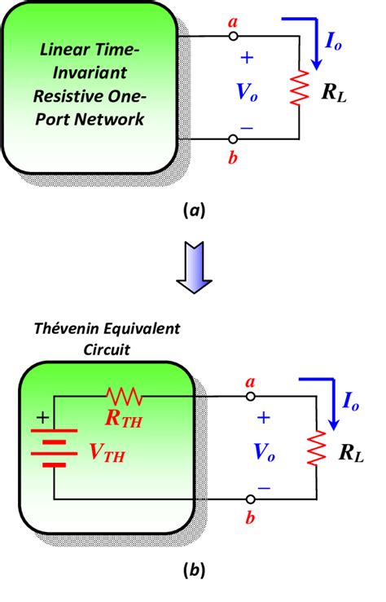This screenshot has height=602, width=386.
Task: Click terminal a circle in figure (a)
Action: coord(233,37)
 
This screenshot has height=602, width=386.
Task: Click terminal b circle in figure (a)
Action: coord(233,138)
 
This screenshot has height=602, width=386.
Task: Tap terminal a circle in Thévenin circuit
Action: coord(250,397)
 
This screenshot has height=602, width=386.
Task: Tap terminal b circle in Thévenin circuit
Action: coord(250,499)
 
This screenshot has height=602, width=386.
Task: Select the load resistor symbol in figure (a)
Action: coord(300,88)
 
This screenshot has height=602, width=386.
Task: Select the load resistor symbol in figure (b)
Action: coord(317,448)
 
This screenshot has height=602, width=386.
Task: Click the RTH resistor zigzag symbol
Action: coord(125,397)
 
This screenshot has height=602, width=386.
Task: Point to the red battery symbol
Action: coord(54,448)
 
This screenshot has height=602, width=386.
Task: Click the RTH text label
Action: coord(124,419)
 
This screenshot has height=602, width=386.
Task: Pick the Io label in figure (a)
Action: coord(333,42)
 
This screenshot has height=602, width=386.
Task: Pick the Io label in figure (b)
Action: coord(350,402)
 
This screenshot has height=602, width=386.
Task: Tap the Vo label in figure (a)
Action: coord(247,92)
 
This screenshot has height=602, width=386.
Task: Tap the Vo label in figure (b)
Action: coord(265,452)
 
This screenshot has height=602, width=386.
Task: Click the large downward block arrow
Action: coord(194,267)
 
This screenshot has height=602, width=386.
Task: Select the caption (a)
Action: coord(195,210)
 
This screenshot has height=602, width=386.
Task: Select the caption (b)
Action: coord(195,569)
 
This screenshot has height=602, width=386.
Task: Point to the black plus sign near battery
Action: coord(42,417)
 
